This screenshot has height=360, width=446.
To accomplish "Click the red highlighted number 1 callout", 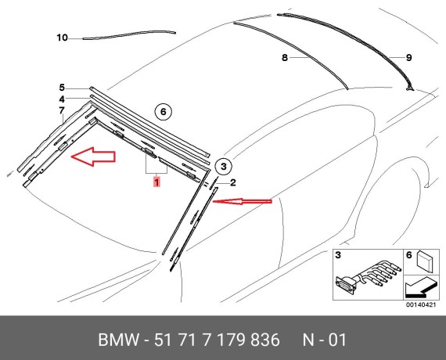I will [157, 182].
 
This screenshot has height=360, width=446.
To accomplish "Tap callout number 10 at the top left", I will [63, 38].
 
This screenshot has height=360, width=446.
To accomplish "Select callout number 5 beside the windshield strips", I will [61, 88].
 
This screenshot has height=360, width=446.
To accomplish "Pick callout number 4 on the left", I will [61, 99].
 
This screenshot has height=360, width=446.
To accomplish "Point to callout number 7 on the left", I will [61, 111].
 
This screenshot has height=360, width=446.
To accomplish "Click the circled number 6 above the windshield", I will [164, 112].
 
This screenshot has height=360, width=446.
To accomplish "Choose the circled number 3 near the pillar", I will [222, 166].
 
